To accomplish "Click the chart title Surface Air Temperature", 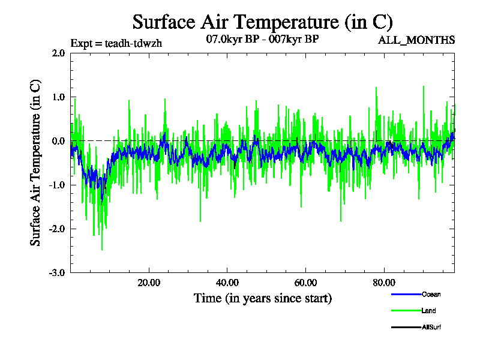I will coord(262,22).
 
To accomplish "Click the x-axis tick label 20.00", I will coord(148,283).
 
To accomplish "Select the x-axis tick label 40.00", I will coord(227,283).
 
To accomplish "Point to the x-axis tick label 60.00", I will coord(305,283).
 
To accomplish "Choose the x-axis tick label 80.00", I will coord(384,283).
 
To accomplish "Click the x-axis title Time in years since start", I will coord(262,298).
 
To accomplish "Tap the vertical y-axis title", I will coord(36,163).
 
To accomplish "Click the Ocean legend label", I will coord(431,295).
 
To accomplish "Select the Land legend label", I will coord(428,311).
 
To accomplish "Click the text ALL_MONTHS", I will coord(416,40).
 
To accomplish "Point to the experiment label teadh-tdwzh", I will coord(116,43).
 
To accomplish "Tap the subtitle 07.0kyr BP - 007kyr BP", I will coord(262,40).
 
